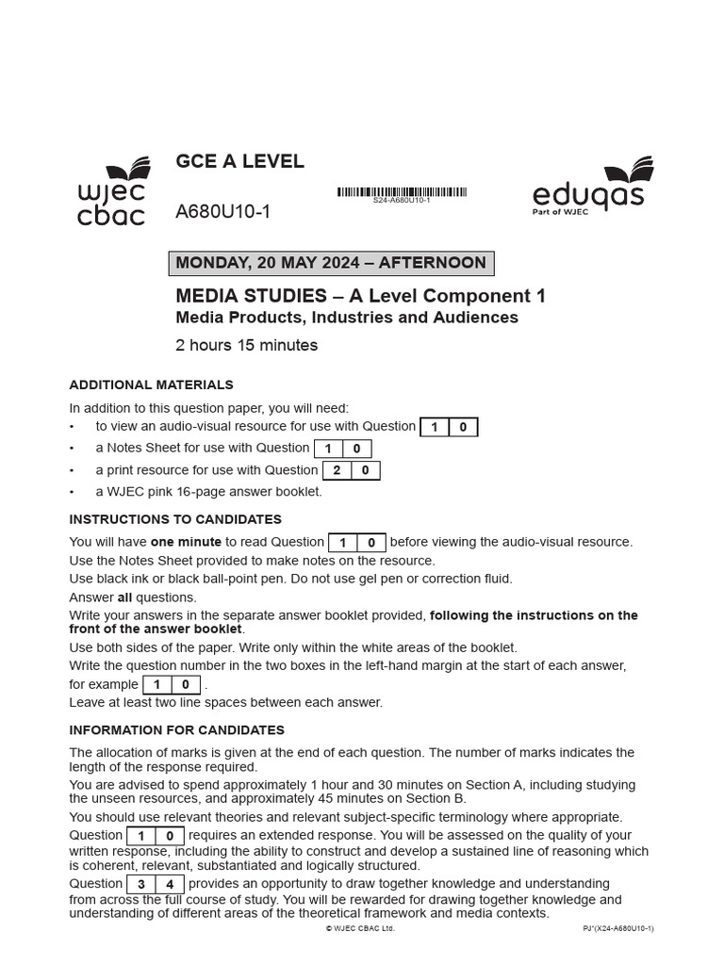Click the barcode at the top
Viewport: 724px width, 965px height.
pyautogui.click(x=402, y=192)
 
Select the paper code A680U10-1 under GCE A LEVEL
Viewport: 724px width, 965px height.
pyautogui.click(x=223, y=212)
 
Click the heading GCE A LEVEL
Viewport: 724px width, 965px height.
pyautogui.click(x=239, y=161)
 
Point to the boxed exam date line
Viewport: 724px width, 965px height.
pyautogui.click(x=331, y=264)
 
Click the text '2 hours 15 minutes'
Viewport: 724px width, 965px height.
pyautogui.click(x=247, y=345)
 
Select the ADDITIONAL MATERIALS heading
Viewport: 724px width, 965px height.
pyautogui.click(x=151, y=384)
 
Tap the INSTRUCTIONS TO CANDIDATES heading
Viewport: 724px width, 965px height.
pyautogui.click(x=175, y=519)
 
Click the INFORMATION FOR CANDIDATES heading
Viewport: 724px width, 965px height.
pyautogui.click(x=176, y=730)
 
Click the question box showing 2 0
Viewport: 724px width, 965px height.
pyautogui.click(x=351, y=470)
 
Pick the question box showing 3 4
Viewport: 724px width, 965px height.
pyautogui.click(x=155, y=884)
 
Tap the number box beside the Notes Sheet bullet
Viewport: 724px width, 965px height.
pyautogui.click(x=342, y=449)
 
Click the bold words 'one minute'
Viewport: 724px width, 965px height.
pyautogui.click(x=186, y=542)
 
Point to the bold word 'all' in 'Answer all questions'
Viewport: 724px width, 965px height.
pyautogui.click(x=123, y=597)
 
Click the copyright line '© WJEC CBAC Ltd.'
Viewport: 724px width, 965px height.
pyautogui.click(x=360, y=928)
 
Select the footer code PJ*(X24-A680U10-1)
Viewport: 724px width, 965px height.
pyautogui.click(x=617, y=928)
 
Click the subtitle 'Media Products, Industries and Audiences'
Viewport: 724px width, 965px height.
pyautogui.click(x=347, y=318)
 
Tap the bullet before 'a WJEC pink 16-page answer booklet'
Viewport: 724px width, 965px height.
pyautogui.click(x=73, y=492)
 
